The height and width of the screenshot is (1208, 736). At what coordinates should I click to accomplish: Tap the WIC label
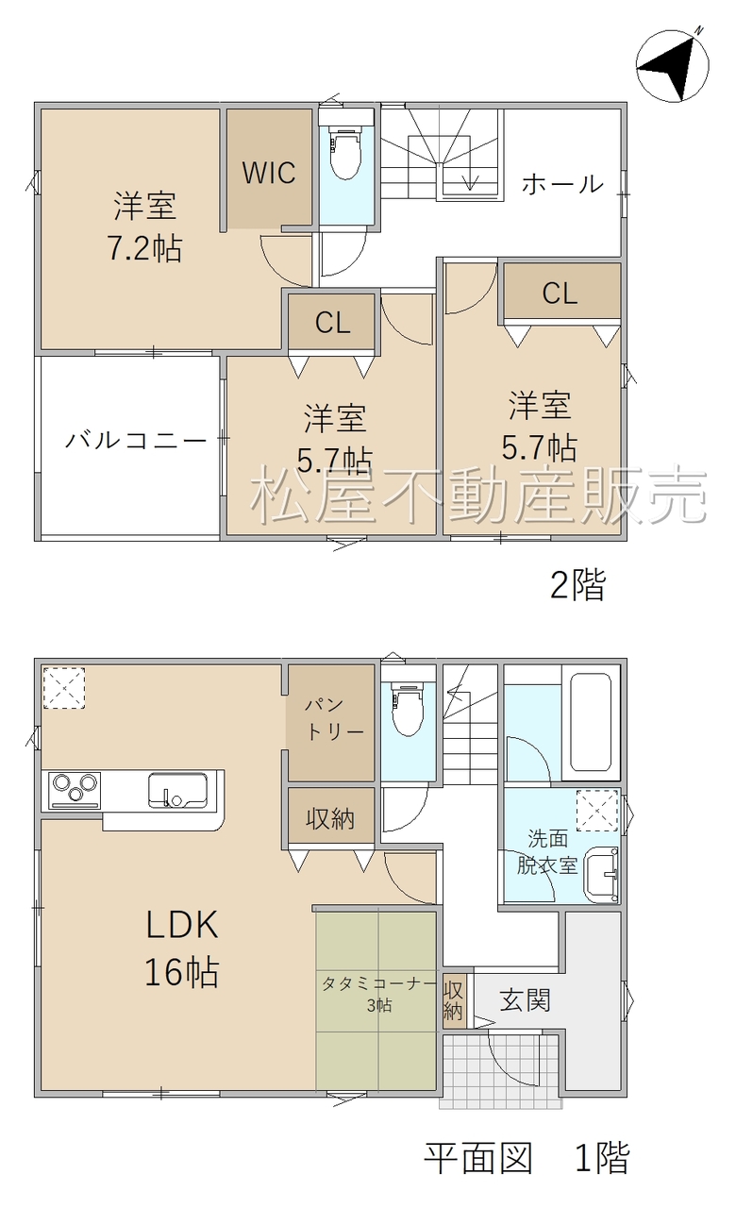point(269,173)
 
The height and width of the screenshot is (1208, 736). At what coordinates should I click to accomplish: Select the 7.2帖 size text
point(144,248)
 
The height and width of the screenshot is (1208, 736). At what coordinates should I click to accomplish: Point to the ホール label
point(561,184)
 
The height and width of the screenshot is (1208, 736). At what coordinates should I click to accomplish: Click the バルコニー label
point(137,441)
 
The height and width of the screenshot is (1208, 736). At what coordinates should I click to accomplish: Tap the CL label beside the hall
point(560,294)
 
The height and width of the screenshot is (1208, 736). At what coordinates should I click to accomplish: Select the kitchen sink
point(178,791)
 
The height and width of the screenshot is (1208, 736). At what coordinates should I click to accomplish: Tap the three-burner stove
point(75,791)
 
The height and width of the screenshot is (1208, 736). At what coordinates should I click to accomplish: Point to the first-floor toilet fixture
point(409,709)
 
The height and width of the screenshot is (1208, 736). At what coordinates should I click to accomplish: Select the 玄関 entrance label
point(525,1001)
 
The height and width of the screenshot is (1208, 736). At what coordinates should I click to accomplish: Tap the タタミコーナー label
point(379,984)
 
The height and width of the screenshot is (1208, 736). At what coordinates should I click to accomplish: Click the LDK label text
point(182,924)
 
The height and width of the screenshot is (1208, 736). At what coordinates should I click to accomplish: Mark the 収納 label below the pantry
point(330,819)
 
